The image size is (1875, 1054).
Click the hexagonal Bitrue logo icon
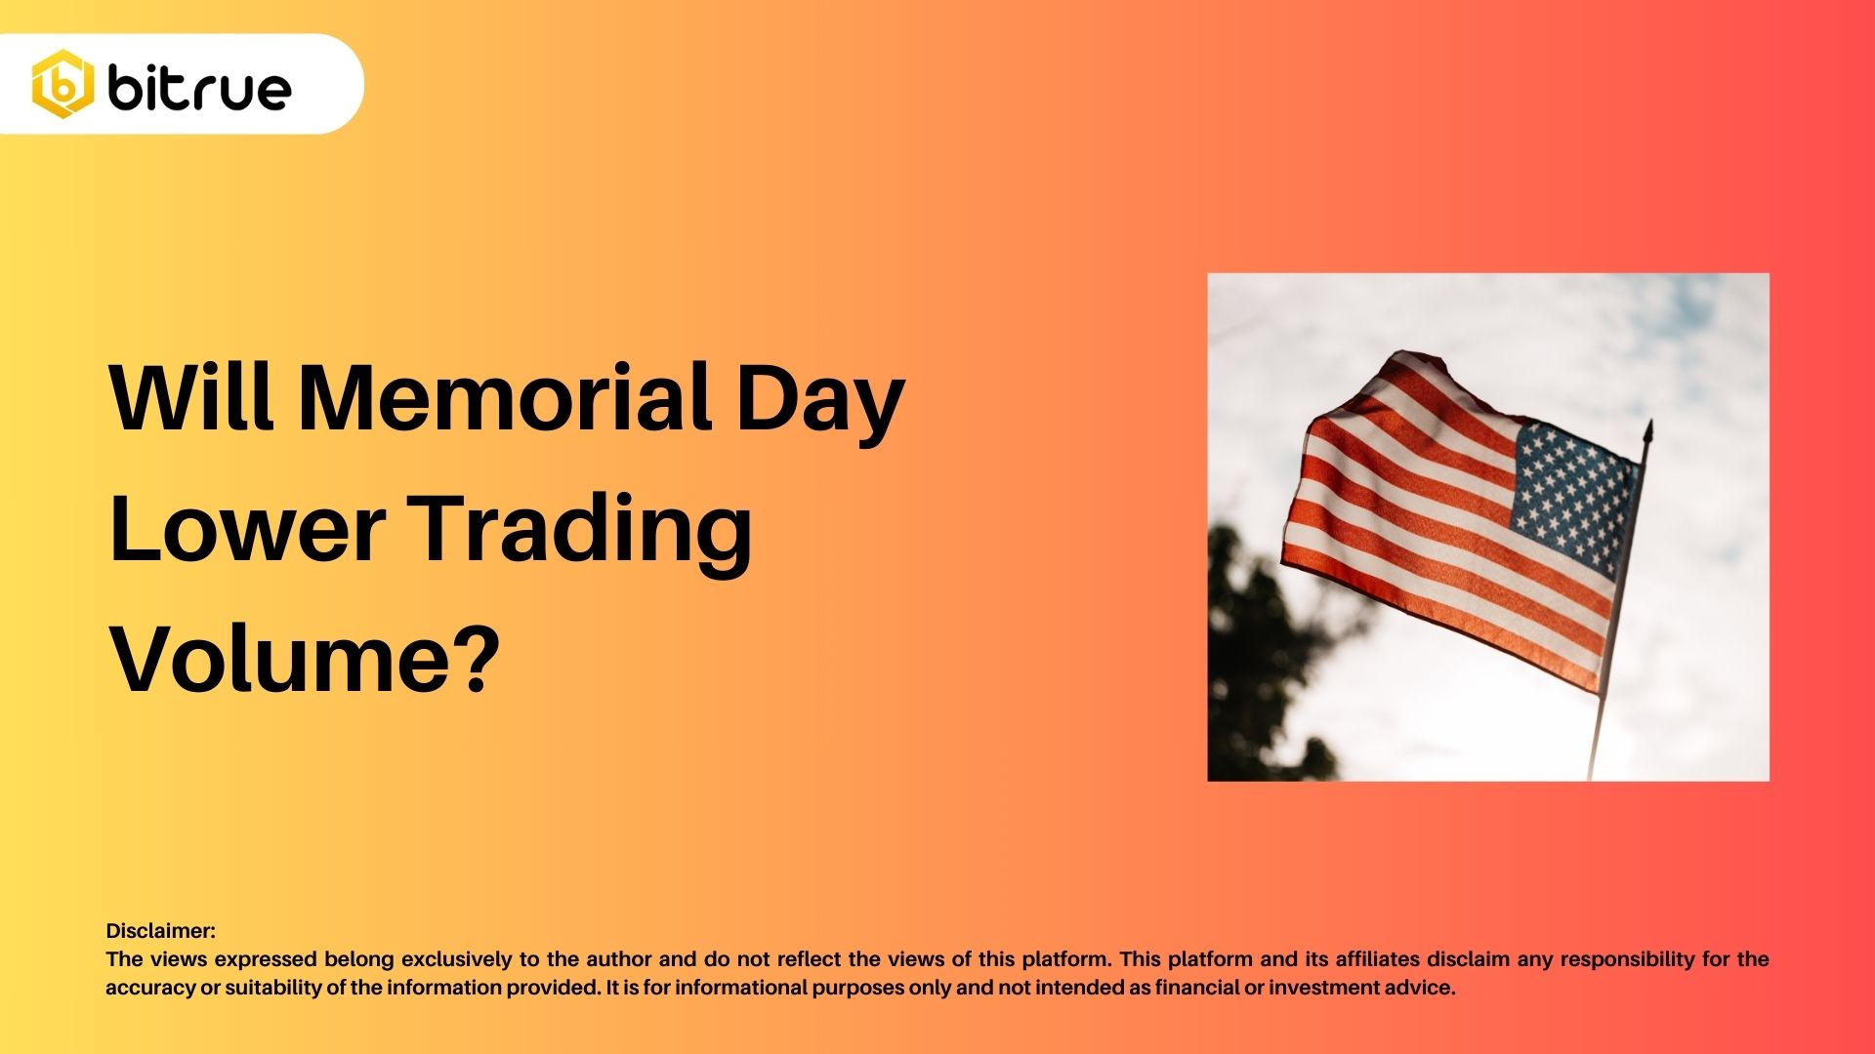[63, 84]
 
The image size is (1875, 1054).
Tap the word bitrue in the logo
[199, 86]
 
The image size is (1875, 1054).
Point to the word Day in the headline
[820, 402]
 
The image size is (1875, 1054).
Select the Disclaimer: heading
[161, 931]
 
